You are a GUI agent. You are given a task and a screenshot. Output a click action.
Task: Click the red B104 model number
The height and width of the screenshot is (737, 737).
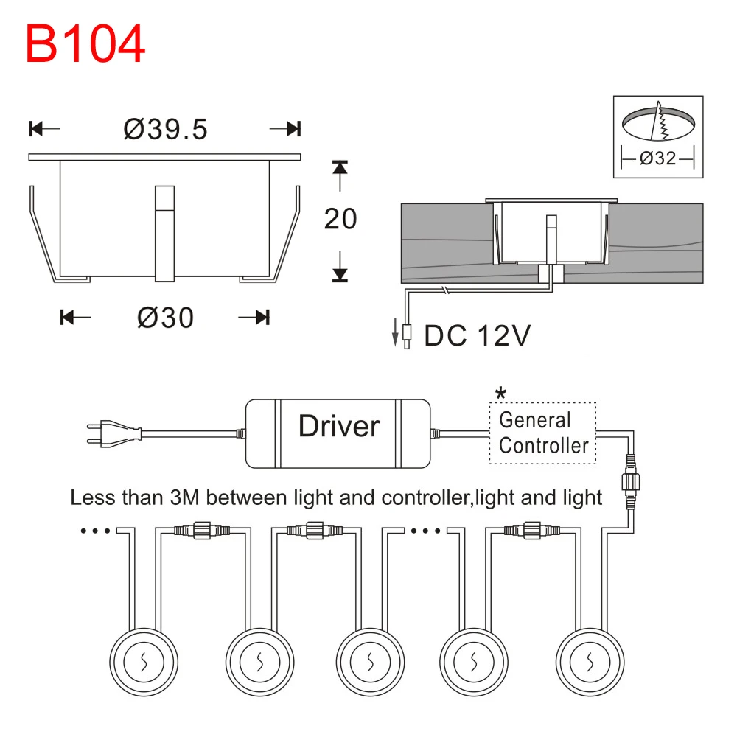click(x=85, y=43)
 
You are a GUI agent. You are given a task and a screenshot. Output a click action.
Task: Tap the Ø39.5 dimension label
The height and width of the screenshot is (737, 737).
click(x=165, y=129)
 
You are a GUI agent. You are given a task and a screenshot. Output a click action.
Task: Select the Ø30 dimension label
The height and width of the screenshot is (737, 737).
click(x=165, y=318)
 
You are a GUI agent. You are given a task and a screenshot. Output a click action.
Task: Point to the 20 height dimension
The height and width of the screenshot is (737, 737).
click(x=340, y=219)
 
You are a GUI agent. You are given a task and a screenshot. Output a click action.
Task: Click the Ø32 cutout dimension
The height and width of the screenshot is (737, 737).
click(x=658, y=158)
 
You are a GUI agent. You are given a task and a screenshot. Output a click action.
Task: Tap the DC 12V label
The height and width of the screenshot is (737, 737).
click(x=477, y=335)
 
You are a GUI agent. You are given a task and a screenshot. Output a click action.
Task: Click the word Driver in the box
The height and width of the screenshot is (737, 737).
click(x=339, y=426)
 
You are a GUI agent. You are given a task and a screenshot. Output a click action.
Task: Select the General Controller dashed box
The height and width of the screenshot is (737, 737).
click(x=543, y=433)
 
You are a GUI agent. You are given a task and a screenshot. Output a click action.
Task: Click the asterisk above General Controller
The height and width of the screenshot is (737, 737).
click(x=501, y=393)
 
